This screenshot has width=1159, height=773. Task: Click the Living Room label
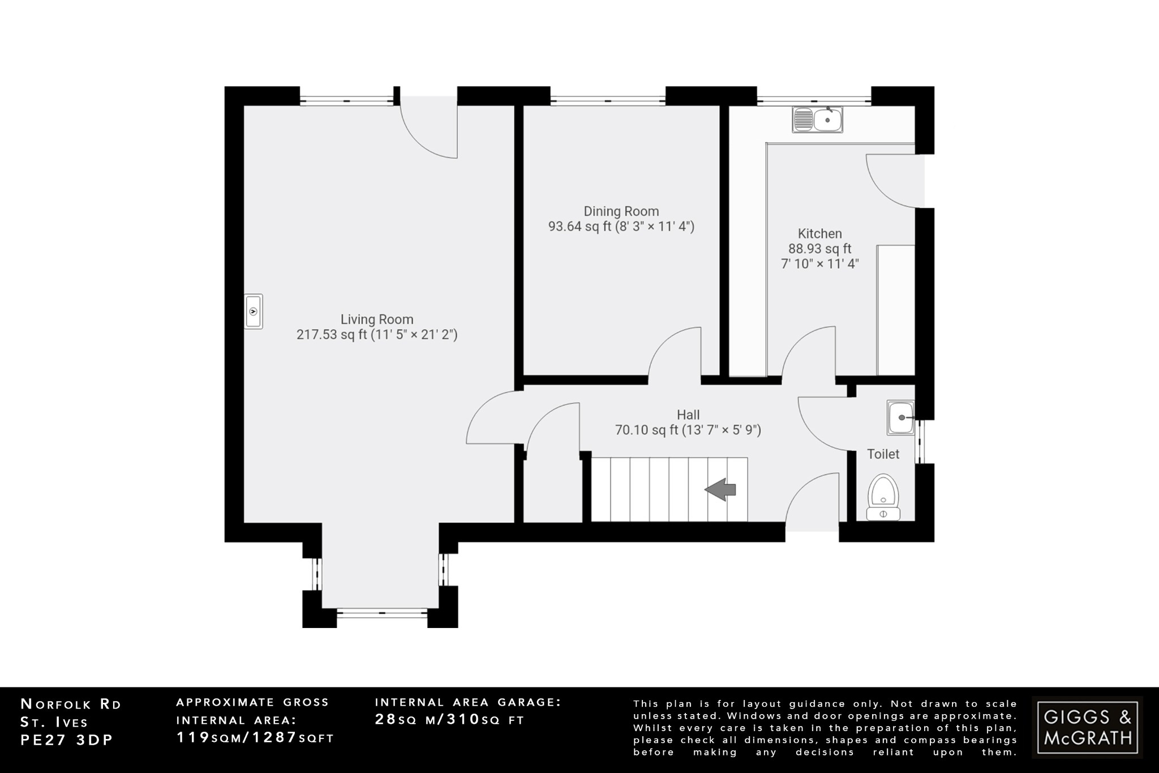pyautogui.click(x=376, y=319)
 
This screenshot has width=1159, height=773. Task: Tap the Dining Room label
pyautogui.click(x=621, y=211)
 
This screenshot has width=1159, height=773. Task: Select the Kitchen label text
pyautogui.click(x=819, y=233)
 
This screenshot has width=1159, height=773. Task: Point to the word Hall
pyautogui.click(x=688, y=415)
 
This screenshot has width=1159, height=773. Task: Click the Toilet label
pyautogui.click(x=883, y=454)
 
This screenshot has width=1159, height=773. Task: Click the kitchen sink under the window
pyautogui.click(x=818, y=119)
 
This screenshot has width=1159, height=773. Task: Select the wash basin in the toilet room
pyautogui.click(x=900, y=418)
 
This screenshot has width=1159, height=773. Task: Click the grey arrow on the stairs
pyautogui.click(x=720, y=489)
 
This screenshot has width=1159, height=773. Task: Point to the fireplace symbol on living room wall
pyautogui.click(x=254, y=311)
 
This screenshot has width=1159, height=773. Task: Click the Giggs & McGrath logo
pyautogui.click(x=1087, y=727)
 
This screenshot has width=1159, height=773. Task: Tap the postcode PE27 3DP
pyautogui.click(x=67, y=740)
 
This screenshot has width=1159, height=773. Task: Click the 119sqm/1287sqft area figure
pyautogui.click(x=255, y=738)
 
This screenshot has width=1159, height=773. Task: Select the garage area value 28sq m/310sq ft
pyautogui.click(x=450, y=720)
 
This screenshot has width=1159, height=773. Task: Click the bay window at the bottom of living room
pyautogui.click(x=381, y=612)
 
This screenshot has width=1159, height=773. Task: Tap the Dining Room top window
pyautogui.click(x=608, y=101)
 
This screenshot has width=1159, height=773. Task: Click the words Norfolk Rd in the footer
pyautogui.click(x=71, y=704)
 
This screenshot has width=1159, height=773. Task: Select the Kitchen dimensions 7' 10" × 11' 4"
pyautogui.click(x=819, y=264)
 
